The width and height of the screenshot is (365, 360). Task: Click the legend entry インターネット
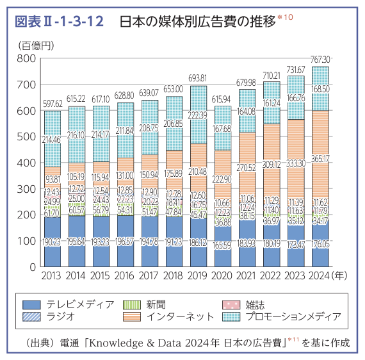pyautogui.click(x=179, y=316)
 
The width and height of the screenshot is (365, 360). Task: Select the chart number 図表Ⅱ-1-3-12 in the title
pyautogui.click(x=58, y=22)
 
